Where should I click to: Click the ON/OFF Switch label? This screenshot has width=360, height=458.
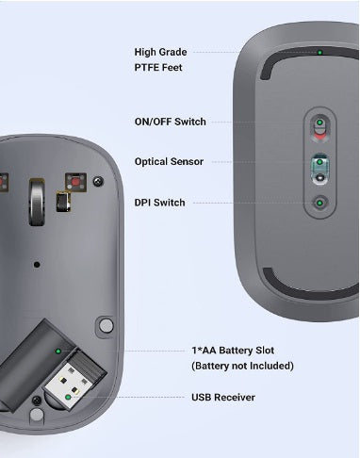[170, 122]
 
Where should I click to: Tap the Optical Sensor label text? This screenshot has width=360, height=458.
[169, 161]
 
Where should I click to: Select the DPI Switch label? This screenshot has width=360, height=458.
[159, 203]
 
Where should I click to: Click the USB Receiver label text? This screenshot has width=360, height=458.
[223, 397]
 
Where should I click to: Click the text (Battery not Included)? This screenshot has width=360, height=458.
[242, 366]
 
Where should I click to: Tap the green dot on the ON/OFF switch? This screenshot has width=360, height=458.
[319, 123]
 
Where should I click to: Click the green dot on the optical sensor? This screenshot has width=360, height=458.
[319, 162]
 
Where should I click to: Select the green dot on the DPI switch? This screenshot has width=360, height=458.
[319, 203]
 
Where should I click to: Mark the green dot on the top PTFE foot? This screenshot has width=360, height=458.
[319, 52]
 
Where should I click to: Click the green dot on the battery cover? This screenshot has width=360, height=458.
[58, 351]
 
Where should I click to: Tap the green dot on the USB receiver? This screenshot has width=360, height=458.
[68, 397]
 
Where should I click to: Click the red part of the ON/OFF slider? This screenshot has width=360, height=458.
[319, 136]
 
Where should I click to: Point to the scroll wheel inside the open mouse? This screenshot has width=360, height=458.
[37, 202]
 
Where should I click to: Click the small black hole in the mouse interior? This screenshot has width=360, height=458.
[37, 265]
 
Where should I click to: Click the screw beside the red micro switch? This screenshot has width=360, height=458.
[98, 181]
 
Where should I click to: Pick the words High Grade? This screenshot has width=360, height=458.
[160, 52]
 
